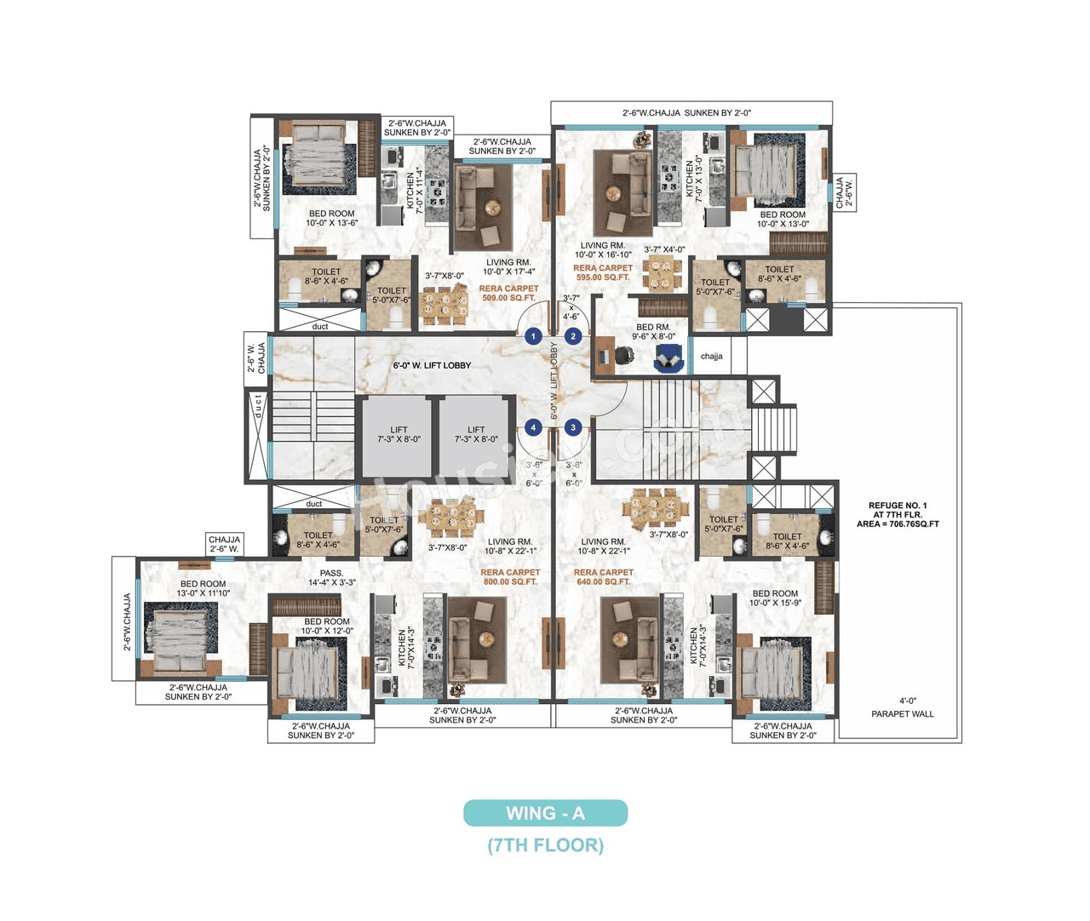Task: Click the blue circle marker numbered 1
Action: pyautogui.click(x=533, y=336)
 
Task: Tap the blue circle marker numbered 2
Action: pyautogui.click(x=573, y=336)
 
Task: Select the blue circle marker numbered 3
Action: pyautogui.click(x=573, y=427)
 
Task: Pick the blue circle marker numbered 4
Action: pyautogui.click(x=533, y=427)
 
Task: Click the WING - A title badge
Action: pyautogui.click(x=545, y=813)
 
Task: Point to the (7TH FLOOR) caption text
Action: pyautogui.click(x=545, y=845)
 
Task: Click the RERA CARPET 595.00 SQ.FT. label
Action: pyautogui.click(x=603, y=272)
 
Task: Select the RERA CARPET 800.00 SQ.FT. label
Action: pyautogui.click(x=510, y=577)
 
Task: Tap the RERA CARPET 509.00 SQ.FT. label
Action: pyautogui.click(x=508, y=293)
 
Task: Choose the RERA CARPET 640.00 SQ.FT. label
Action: pyautogui.click(x=603, y=577)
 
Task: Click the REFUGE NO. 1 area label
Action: pyautogui.click(x=898, y=514)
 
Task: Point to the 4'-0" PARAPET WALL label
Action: pyautogui.click(x=902, y=707)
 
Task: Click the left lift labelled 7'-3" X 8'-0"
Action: pyautogui.click(x=399, y=435)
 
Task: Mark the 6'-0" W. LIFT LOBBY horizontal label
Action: pyautogui.click(x=432, y=365)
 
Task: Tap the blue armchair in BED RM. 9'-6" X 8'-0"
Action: pyautogui.click(x=668, y=362)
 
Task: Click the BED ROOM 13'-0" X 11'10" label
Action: pyautogui.click(x=203, y=588)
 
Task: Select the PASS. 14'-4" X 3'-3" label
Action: pyautogui.click(x=331, y=578)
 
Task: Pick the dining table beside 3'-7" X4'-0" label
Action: pyautogui.click(x=663, y=274)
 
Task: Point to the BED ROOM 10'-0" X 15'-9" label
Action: pyautogui.click(x=775, y=598)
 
